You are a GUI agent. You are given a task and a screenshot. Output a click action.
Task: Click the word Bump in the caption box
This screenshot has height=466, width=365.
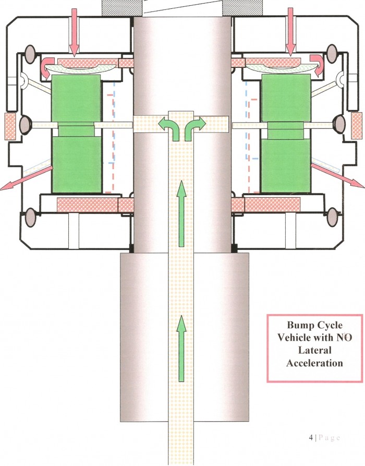298,325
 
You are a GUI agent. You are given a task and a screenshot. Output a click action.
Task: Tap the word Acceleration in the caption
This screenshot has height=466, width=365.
314,363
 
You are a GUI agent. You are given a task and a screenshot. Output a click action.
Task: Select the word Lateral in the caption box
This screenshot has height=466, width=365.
314,350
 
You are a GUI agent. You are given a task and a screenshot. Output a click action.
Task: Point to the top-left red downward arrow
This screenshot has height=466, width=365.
74,32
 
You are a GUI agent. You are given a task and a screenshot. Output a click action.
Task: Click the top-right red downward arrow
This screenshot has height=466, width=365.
290,32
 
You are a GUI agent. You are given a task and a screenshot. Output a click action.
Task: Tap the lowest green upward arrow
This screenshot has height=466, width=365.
181,349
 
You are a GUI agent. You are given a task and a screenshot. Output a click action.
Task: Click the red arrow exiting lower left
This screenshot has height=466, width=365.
26,178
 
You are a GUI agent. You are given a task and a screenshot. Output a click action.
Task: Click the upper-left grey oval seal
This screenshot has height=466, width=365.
30,54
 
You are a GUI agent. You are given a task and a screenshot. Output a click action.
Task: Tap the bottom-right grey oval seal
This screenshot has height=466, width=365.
333,217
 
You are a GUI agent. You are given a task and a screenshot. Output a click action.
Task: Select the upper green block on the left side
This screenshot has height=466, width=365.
76,99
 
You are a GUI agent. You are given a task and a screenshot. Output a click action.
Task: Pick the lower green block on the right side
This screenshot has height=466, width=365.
286,165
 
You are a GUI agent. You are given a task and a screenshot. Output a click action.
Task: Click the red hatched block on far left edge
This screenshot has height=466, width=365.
10,126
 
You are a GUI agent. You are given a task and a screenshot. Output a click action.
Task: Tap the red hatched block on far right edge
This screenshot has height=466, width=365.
356,125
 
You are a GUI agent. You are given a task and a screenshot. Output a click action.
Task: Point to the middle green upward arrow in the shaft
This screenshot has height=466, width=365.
181,215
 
